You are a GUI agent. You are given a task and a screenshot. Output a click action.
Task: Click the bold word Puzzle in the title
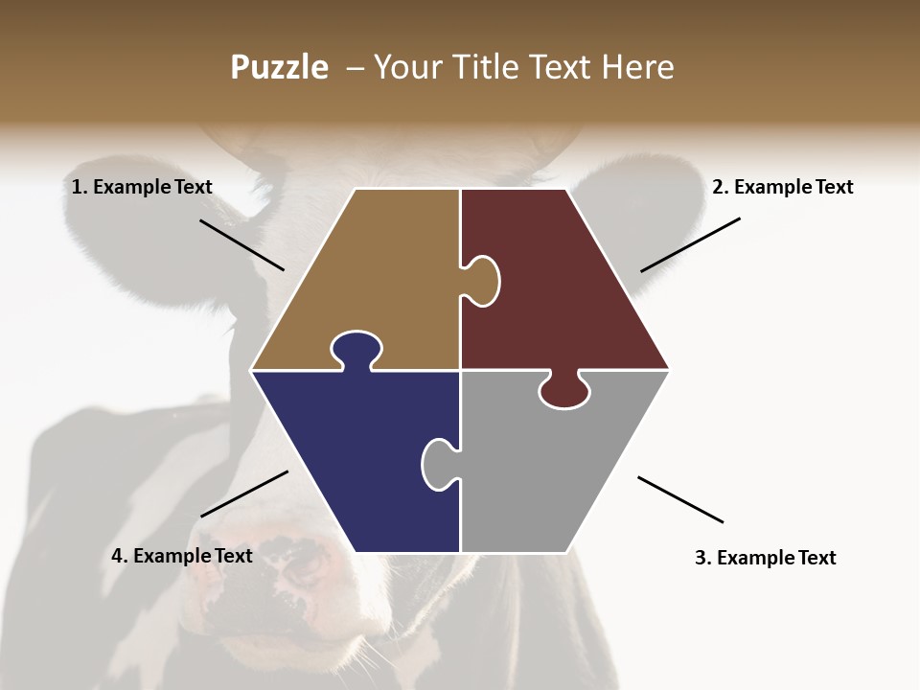coord(279,68)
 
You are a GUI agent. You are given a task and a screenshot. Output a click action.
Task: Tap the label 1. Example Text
coord(142,187)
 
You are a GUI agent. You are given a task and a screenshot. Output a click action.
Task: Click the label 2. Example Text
coord(782,187)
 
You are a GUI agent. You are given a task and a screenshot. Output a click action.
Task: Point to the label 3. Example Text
coord(765,558)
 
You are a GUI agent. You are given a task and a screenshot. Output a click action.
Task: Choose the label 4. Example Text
coord(182,556)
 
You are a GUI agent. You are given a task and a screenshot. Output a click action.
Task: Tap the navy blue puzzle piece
coord(355,450)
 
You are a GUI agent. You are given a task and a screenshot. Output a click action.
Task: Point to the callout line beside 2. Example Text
coord(690,244)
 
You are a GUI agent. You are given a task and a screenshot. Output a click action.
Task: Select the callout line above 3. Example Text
coord(680,499)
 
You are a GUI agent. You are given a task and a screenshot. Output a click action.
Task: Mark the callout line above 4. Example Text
coord(244,494)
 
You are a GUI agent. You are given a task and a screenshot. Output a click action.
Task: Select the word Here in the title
coord(637,67)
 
